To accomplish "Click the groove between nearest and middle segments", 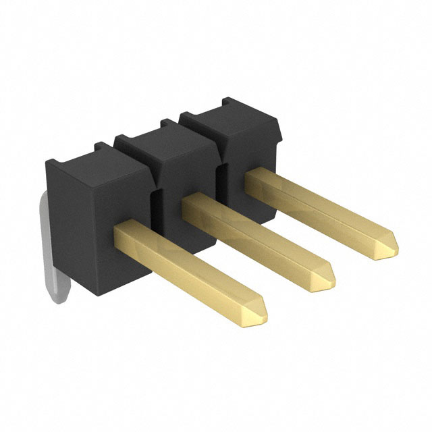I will click(x=154, y=202).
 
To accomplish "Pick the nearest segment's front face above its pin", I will click(x=118, y=196).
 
